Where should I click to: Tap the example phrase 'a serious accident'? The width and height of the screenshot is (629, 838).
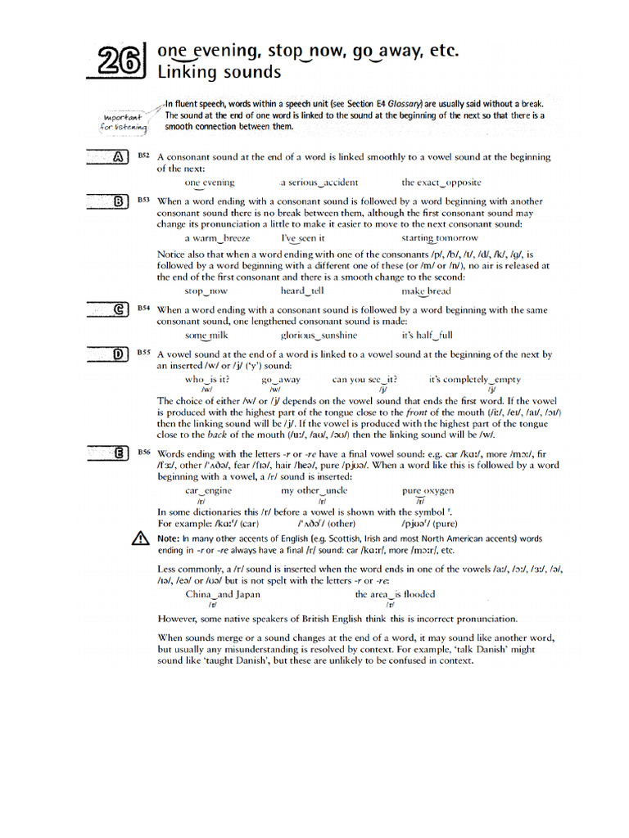coord(319,182)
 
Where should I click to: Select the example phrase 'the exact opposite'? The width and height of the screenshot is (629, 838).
coord(441,182)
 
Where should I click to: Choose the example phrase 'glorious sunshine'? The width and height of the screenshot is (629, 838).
coord(319,335)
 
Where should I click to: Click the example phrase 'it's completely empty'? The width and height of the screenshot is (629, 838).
coord(474,380)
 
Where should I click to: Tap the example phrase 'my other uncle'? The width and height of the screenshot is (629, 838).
coord(314,490)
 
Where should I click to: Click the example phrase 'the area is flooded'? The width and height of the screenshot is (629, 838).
coord(395,594)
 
